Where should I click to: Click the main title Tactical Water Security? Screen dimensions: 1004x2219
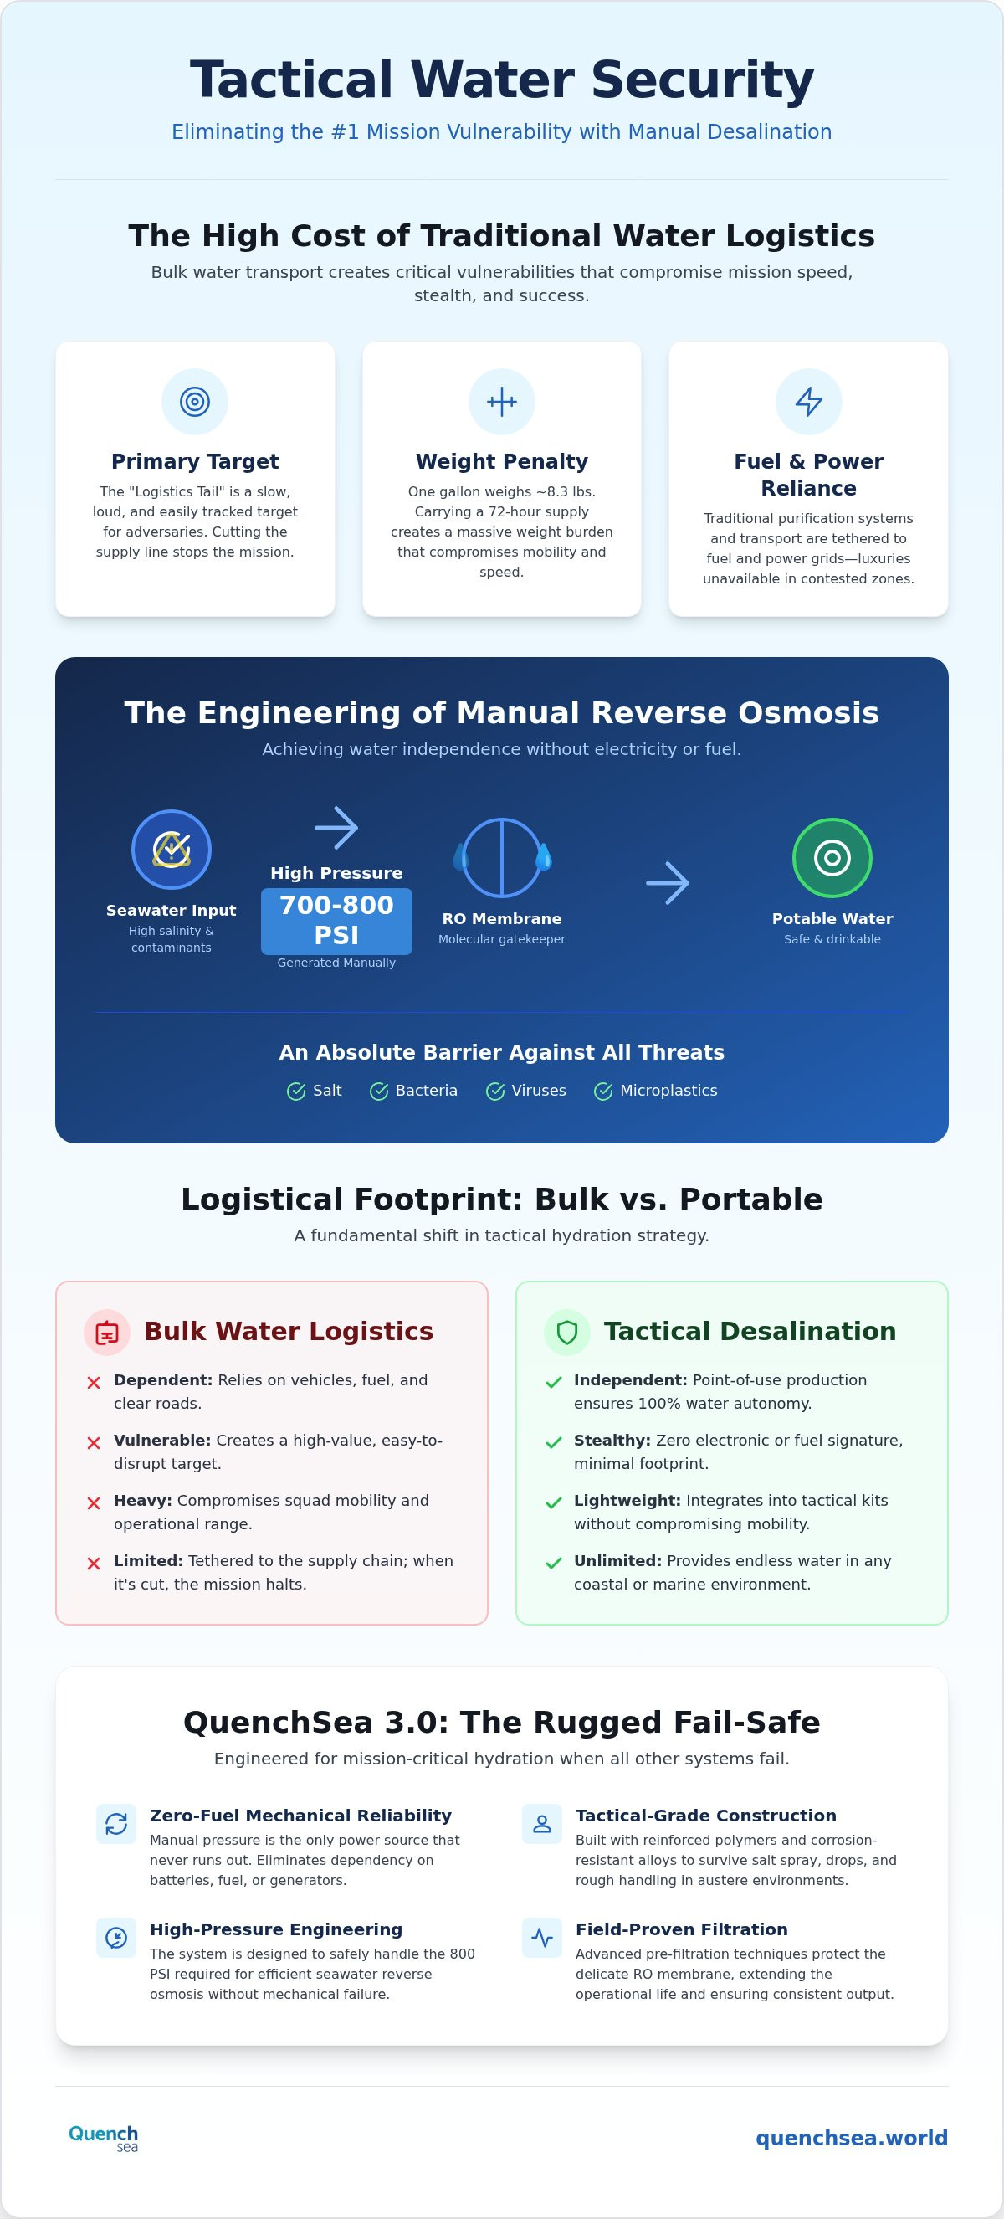click(x=502, y=80)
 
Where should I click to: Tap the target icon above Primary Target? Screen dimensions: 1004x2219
click(x=195, y=402)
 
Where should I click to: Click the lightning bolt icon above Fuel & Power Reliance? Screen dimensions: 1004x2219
click(x=808, y=402)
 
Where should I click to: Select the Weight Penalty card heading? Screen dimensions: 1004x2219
click(x=502, y=462)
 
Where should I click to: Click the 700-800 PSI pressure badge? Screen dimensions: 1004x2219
click(x=336, y=921)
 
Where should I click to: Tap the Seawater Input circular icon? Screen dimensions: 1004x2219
click(x=172, y=850)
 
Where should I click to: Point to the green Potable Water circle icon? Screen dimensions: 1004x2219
click(x=832, y=858)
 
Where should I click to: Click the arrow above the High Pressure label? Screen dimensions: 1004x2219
click(x=336, y=828)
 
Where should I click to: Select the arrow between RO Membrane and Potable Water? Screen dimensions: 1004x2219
click(x=668, y=883)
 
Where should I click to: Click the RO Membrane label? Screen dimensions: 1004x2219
click(x=502, y=919)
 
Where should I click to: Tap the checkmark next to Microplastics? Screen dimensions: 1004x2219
click(x=603, y=1092)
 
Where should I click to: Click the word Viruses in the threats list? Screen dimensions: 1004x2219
click(x=539, y=1091)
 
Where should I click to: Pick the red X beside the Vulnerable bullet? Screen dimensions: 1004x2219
click(x=94, y=1443)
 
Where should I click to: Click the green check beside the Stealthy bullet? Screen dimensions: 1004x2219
click(x=554, y=1443)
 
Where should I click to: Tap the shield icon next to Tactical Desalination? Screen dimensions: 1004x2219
click(x=566, y=1333)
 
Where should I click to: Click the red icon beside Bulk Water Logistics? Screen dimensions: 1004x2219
click(x=107, y=1333)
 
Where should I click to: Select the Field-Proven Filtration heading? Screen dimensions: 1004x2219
click(x=682, y=1929)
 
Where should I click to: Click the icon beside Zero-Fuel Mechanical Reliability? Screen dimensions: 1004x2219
click(x=116, y=1824)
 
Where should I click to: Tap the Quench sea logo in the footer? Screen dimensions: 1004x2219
click(x=103, y=2138)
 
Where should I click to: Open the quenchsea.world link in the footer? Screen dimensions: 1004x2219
click(x=852, y=2138)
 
